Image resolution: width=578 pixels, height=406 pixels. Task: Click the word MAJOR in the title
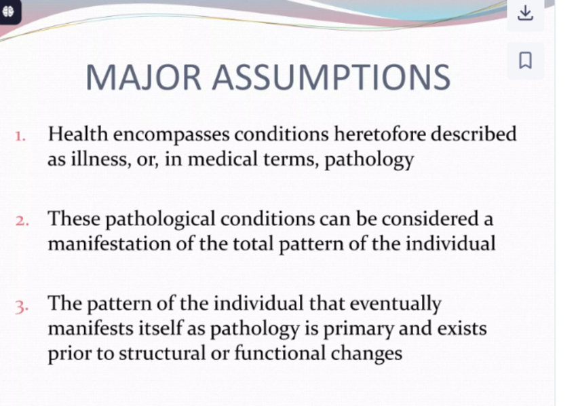pos(143,77)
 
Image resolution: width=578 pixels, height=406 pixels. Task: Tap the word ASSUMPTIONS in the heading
pos(331,77)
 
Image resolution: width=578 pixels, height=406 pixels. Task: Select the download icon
pos(525,13)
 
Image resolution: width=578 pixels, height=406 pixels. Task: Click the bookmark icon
pos(525,60)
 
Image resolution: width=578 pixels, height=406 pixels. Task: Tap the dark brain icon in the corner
pos(8,12)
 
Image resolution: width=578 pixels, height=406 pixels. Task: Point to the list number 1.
pos(20,137)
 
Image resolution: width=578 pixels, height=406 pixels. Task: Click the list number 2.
pos(22,221)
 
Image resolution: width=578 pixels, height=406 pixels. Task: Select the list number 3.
pos(22,307)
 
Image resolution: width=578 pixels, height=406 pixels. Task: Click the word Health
pos(78,134)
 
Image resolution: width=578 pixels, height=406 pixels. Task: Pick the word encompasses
pos(172,135)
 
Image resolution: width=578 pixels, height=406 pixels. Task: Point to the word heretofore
pos(380,134)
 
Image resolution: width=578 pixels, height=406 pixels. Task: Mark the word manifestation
pos(109,244)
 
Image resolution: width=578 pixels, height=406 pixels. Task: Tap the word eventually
pos(395,305)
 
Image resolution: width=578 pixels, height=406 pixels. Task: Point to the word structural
pos(162,353)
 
